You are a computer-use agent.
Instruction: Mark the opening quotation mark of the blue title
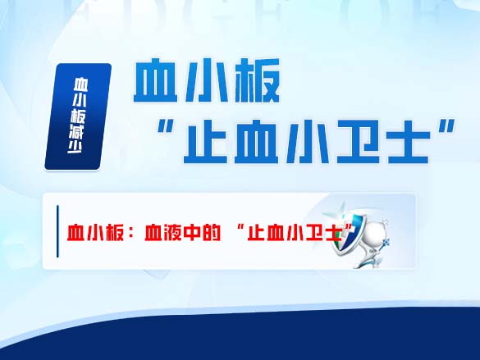[x=169, y=129]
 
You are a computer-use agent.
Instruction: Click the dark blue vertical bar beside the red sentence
[x=57, y=232]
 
